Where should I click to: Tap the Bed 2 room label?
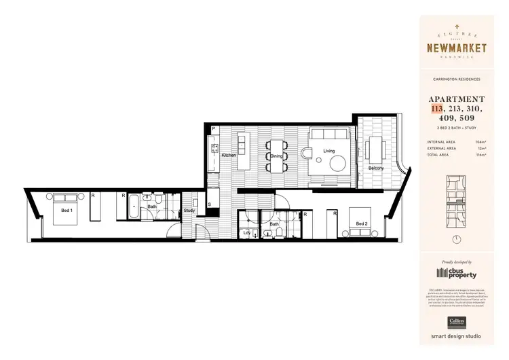coord(361,224)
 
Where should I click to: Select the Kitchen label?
coord(229,156)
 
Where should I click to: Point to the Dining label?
coord(276,156)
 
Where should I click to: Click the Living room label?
coord(329,151)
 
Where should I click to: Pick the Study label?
coord(190,211)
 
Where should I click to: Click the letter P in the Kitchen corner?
coord(213,129)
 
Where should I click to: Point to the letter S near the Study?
coord(209,204)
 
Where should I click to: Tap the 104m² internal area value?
coord(481,143)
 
